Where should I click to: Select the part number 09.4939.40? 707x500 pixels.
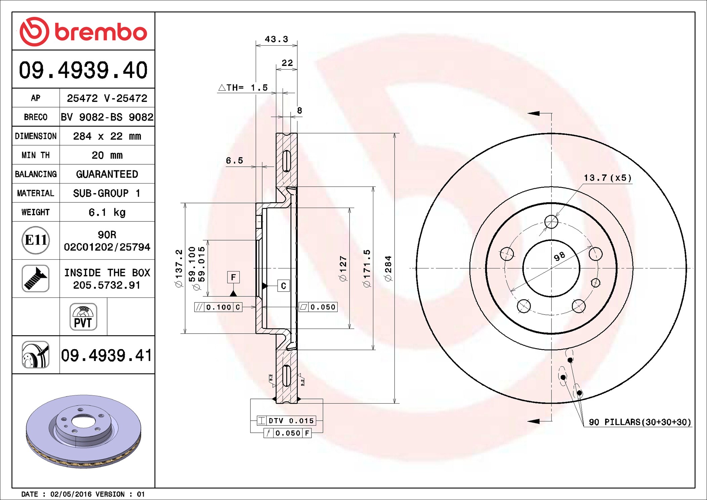(x=83, y=70)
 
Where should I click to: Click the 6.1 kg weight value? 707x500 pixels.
(x=107, y=212)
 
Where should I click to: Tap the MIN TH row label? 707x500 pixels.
(x=36, y=155)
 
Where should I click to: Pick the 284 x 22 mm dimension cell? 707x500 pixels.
(x=107, y=136)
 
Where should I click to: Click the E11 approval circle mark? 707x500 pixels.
(x=36, y=240)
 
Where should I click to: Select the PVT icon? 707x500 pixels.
(x=83, y=317)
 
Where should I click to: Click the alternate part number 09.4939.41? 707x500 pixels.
(x=107, y=355)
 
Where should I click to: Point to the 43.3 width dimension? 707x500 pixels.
(x=276, y=39)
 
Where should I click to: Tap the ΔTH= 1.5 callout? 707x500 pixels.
(x=243, y=88)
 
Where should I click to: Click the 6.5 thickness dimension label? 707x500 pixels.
(x=234, y=161)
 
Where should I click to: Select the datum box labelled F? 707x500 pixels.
(x=233, y=277)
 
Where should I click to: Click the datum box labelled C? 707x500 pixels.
(x=283, y=286)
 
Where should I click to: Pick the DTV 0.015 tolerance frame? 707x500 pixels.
(x=286, y=420)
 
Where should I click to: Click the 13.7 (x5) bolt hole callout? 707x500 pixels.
(x=608, y=178)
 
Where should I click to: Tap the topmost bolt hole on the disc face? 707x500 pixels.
(x=551, y=222)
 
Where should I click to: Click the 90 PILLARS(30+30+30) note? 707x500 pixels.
(x=640, y=422)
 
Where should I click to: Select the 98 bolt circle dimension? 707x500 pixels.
(x=559, y=257)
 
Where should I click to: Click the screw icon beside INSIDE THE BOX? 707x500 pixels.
(x=36, y=278)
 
